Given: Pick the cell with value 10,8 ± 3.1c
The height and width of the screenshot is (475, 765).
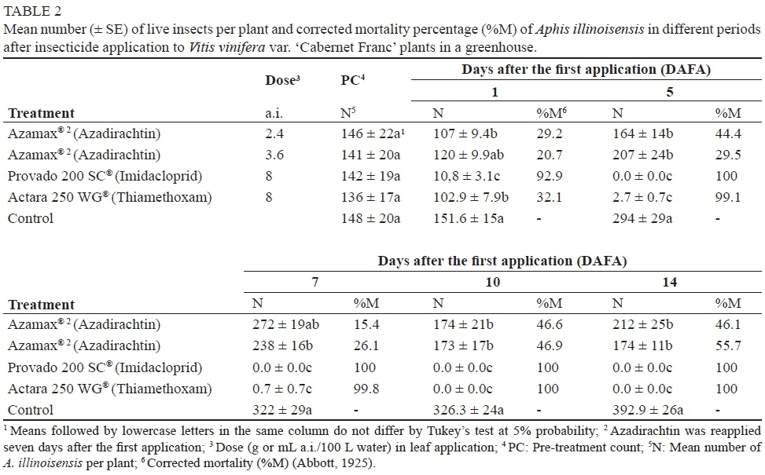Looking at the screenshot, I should [469, 176].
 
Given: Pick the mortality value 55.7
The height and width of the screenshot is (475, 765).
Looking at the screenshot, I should [727, 346].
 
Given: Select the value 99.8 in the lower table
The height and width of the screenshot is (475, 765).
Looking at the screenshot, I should [371, 389].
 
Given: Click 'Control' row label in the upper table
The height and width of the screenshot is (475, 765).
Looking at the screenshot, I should [31, 218].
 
